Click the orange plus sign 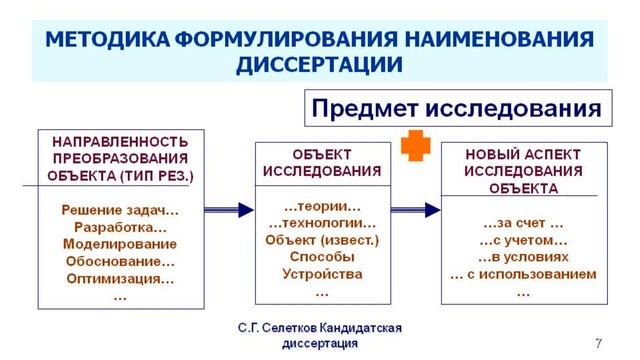click(414, 147)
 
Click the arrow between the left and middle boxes click(229, 209)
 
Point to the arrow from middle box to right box click(417, 209)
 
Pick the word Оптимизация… click(120, 278)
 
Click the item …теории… click(322, 205)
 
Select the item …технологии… click(322, 222)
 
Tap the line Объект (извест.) click(322, 239)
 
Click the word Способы click(322, 256)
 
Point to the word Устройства click(322, 273)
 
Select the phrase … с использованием click(523, 274)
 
